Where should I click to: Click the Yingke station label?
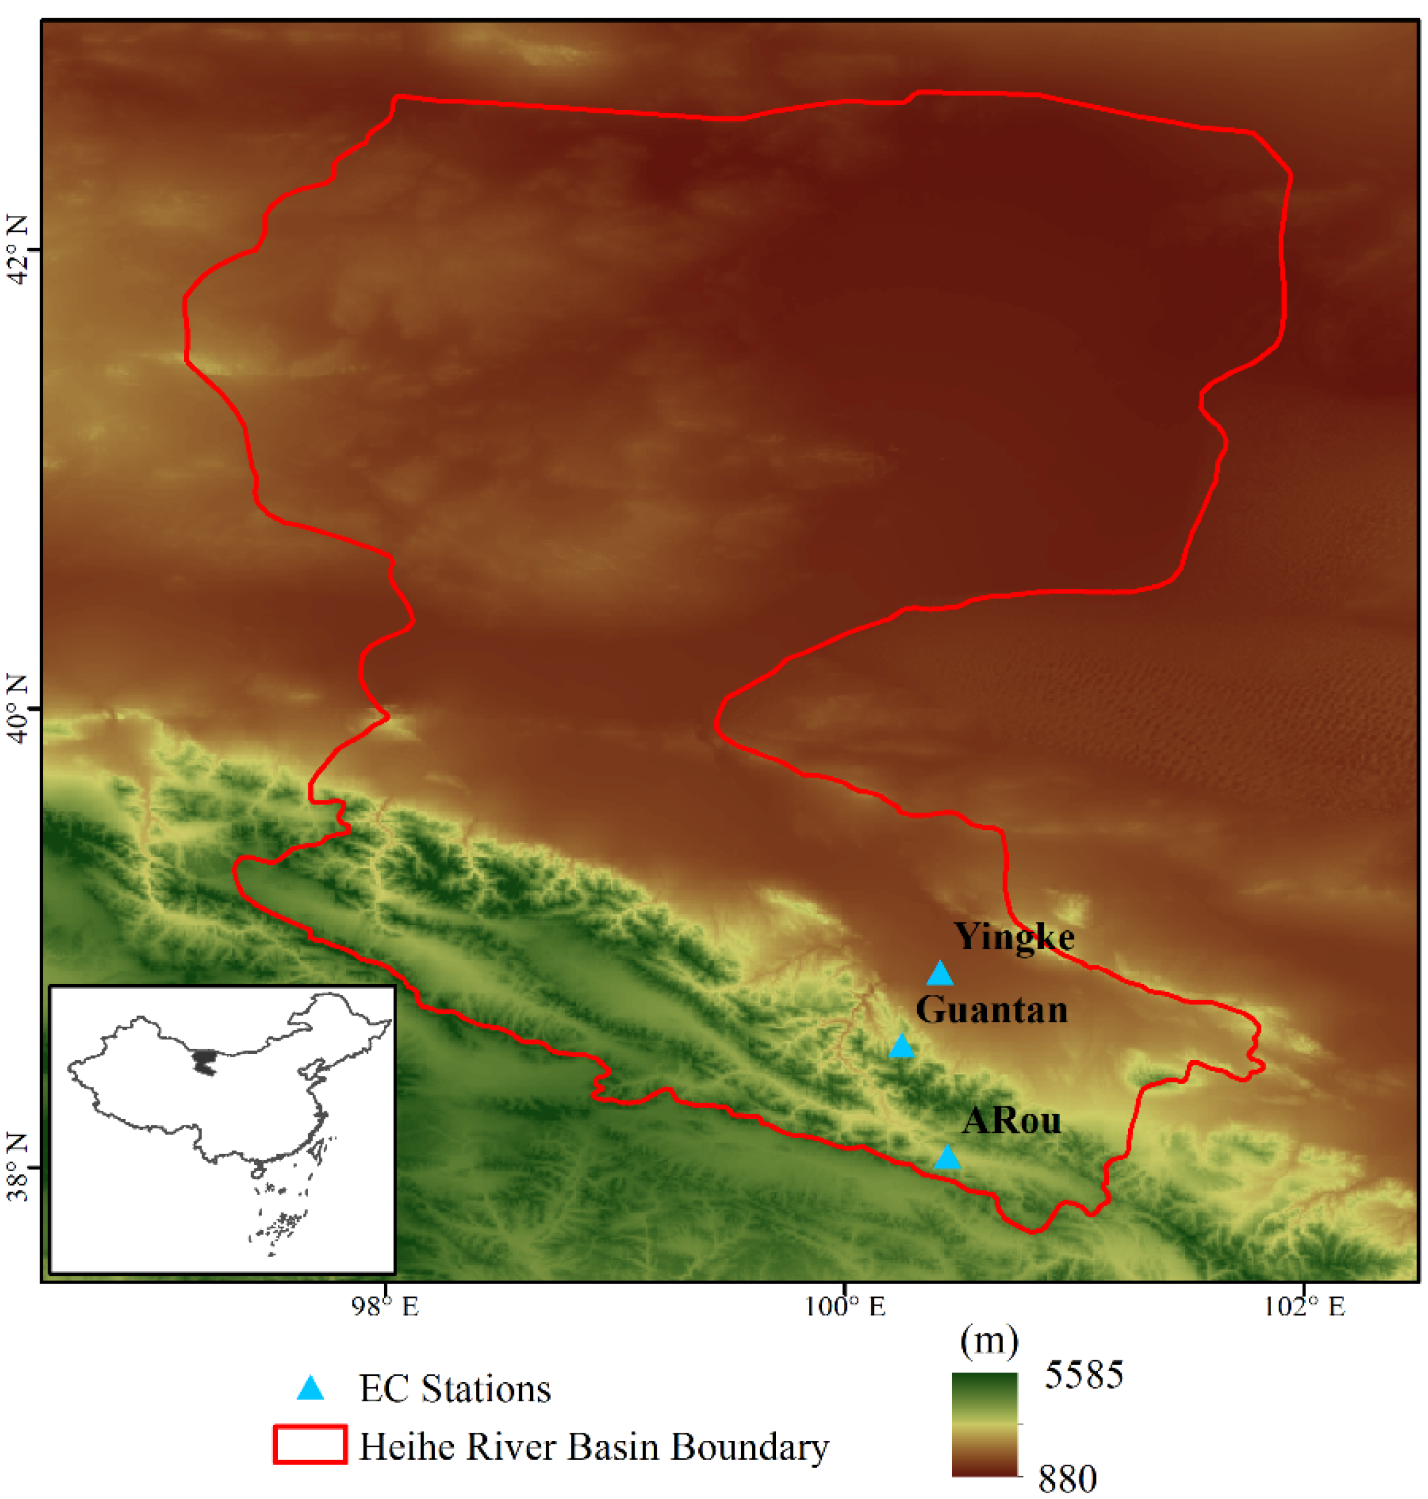pos(1014,937)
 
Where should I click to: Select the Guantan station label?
pos(991,1010)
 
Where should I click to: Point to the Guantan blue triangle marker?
pos(901,1047)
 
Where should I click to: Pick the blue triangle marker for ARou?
pos(947,1158)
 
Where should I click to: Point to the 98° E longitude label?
pos(385,1307)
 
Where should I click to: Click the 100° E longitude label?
pos(844,1307)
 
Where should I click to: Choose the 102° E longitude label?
pos(1304,1307)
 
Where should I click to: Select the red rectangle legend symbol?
pos(310,1445)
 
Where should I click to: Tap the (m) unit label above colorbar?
pos(989,1341)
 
